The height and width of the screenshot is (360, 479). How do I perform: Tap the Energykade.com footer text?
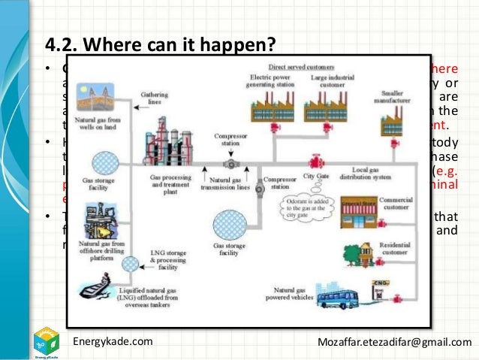(x=112, y=342)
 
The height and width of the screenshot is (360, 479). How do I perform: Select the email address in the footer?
(x=394, y=342)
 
